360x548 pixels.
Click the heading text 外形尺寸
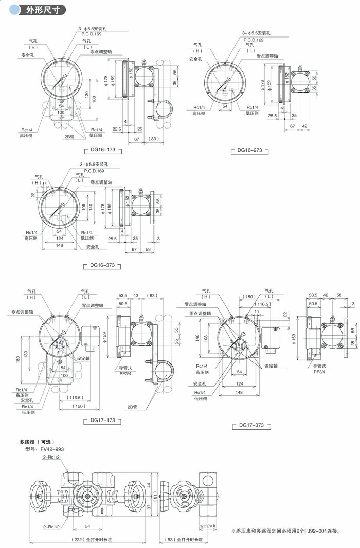[41, 9]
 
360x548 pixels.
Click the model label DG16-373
[102, 266]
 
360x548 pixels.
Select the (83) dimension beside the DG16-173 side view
[153, 139]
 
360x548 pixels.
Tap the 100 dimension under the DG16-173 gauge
[61, 112]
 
